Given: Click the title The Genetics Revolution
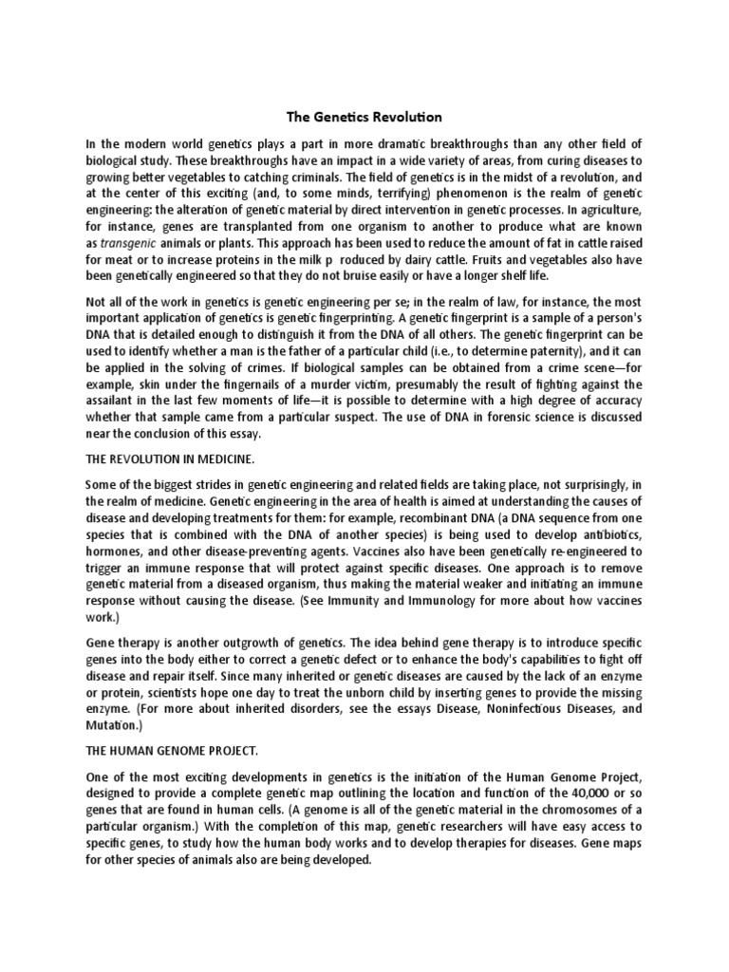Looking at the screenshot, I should (x=364, y=118).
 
